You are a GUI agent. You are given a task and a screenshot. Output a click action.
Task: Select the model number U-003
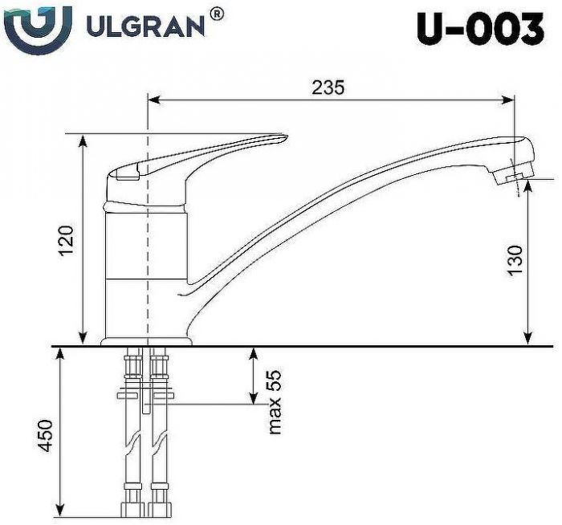point(479,31)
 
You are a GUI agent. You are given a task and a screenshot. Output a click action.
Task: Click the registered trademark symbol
point(217,14)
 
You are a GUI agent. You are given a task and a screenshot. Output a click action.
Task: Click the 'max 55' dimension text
point(275,402)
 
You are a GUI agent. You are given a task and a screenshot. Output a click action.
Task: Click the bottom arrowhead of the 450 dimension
point(59,510)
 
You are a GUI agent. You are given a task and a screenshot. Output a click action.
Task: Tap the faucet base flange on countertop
point(147,342)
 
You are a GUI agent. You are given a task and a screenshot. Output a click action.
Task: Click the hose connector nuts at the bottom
point(145,507)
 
